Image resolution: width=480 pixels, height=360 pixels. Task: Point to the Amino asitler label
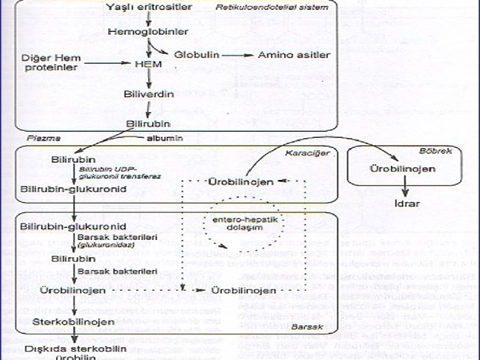(x=294, y=55)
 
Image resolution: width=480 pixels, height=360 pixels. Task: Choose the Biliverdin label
(x=149, y=94)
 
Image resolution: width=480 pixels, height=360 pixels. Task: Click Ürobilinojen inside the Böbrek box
(x=403, y=169)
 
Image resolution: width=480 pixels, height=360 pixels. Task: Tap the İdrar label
(x=405, y=203)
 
